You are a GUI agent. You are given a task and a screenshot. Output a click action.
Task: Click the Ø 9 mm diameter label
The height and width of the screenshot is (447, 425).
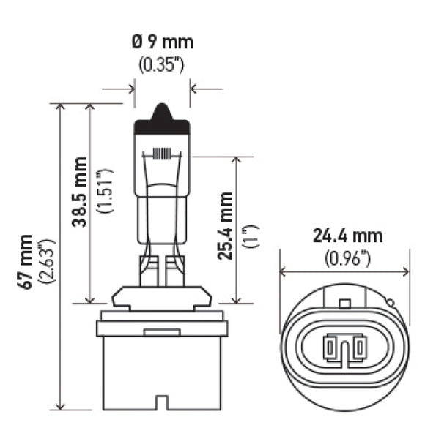pyautogui.click(x=161, y=42)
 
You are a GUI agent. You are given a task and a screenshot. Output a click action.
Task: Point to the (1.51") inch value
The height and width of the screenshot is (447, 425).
pyautogui.click(x=105, y=192)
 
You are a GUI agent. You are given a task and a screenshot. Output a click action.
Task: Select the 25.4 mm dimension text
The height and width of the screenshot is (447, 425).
pyautogui.click(x=226, y=226)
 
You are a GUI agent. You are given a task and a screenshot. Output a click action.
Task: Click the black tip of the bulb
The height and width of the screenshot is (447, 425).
pyautogui.click(x=162, y=116)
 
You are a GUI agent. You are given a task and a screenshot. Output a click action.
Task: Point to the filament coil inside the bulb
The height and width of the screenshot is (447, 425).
pyautogui.click(x=162, y=155)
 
